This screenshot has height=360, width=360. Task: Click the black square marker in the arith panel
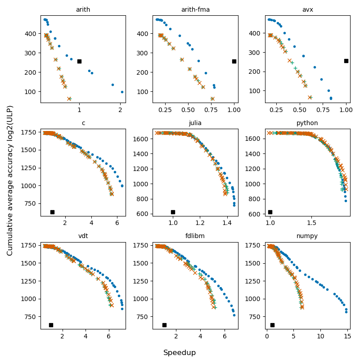pos(79,61)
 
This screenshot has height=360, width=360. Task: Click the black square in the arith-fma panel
pos(234,61)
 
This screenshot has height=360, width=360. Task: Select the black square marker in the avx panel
pos(346,61)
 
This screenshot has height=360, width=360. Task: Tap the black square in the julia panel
pos(173,212)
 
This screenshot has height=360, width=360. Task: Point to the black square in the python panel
pos(270,212)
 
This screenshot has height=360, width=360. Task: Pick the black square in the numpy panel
pos(272,325)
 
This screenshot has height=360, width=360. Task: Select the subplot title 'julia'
pos(195,123)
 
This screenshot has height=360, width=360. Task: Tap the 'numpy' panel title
pos(307,236)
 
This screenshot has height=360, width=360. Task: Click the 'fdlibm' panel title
pos(195,236)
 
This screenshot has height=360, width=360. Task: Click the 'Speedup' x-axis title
pos(180,353)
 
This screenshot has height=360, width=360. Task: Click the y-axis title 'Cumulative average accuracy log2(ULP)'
pos(10,180)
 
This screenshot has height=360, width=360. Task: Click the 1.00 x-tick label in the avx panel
pos(346,110)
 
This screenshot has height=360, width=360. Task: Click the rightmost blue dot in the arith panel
pos(122,92)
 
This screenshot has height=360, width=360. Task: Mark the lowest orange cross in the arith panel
pos(69,99)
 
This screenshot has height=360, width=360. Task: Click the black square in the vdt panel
pos(51,325)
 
